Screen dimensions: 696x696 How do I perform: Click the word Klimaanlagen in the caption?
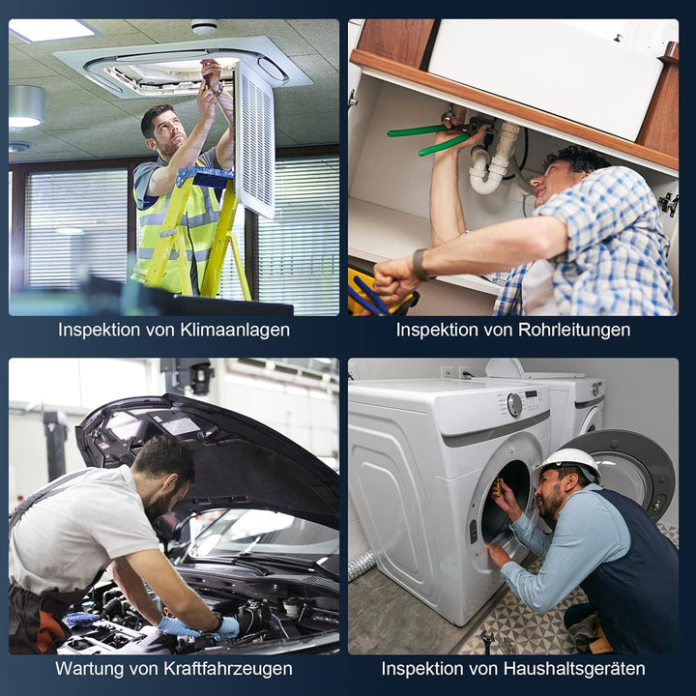point(235,330)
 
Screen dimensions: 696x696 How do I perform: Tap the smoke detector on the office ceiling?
point(204,27)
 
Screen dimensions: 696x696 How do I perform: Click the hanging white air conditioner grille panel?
point(255,140)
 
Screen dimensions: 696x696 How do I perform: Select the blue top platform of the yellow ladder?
point(204,177)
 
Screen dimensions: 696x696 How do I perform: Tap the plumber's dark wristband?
point(419,265)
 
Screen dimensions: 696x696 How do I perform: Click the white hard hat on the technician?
point(568,463)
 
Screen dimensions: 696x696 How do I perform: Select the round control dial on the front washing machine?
point(514,405)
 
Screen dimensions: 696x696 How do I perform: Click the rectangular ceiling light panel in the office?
point(52,30)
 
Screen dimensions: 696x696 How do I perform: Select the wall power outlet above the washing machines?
point(447,371)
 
